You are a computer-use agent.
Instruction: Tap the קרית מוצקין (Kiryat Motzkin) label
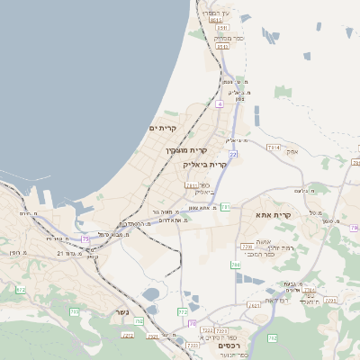(x=186, y=150)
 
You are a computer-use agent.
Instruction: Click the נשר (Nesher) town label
(x=122, y=313)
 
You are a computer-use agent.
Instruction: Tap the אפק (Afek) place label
(x=317, y=152)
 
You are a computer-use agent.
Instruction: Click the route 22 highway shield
(x=233, y=155)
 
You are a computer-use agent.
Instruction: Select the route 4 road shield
(x=219, y=104)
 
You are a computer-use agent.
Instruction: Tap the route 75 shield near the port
(x=85, y=238)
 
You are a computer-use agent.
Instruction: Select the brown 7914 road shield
(x=274, y=147)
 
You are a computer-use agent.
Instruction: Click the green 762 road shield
(x=272, y=337)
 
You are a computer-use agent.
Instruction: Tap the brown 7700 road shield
(x=247, y=246)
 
